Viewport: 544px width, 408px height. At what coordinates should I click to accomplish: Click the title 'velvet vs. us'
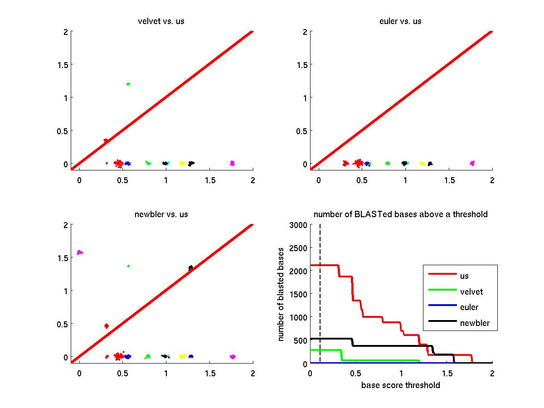pos(161,21)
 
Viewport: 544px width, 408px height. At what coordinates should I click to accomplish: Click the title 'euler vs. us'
pos(401,21)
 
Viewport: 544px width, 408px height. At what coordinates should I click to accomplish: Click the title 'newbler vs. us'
pos(161,214)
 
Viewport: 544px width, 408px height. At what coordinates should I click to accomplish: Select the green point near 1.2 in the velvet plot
pos(128,84)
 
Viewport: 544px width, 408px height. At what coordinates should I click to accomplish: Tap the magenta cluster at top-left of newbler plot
pos(80,253)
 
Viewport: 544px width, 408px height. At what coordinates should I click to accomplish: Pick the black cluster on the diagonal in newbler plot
pos(191,268)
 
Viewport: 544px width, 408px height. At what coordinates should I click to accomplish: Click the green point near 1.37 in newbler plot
pos(129,266)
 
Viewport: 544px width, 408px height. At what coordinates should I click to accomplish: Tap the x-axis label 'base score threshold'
pos(401,385)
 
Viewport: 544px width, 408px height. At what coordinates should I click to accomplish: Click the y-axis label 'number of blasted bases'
pos(282,294)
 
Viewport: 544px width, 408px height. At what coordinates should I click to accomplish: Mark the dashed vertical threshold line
pos(320,295)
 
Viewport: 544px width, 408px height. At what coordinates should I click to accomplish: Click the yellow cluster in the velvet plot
pos(182,163)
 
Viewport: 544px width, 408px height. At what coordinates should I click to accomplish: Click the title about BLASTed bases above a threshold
pos(401,214)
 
